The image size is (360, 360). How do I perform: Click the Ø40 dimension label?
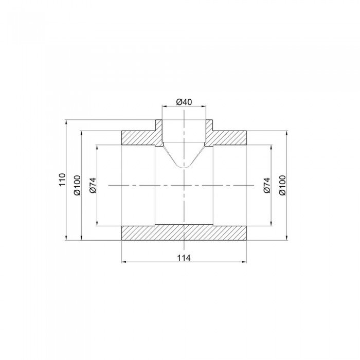coord(184,102)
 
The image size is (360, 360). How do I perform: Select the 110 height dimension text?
coord(62,180)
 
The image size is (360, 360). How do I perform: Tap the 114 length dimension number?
coord(184,258)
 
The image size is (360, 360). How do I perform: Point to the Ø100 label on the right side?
coord(282,185)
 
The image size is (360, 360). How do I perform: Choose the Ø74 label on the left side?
coord(93,185)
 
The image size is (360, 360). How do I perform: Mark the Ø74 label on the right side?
coord(266,185)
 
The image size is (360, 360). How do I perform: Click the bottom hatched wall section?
coord(184,233)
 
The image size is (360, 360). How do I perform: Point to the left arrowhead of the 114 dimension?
coord(123,262)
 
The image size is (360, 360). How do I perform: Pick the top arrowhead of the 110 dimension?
coord(67,122)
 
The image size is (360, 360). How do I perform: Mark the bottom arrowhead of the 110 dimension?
coord(67,238)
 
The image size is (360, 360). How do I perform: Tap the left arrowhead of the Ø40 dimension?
coord(164,106)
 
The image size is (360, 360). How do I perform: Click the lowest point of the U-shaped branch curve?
coord(184,168)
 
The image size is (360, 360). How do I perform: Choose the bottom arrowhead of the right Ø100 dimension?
coord(286,238)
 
